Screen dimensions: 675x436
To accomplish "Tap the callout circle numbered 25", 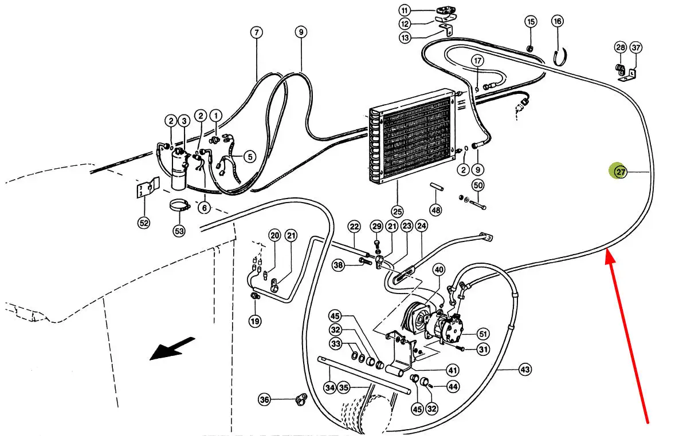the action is click(397, 211).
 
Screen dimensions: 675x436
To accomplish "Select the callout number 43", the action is click(525, 370).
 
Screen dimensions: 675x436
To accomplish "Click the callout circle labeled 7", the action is click(256, 32).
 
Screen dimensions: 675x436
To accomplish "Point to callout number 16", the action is click(558, 21).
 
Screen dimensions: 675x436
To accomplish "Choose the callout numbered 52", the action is click(143, 223).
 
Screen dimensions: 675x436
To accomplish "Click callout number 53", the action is click(179, 231).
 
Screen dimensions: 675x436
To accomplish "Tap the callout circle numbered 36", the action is click(264, 399).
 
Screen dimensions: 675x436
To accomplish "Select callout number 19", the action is click(255, 321).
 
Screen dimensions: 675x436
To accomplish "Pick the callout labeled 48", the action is click(435, 210).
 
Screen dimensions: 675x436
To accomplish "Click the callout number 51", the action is click(483, 334).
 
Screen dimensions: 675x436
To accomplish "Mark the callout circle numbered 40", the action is click(439, 270).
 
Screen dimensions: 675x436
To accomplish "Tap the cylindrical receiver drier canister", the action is click(178, 169).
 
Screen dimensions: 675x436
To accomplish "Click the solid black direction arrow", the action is click(172, 348).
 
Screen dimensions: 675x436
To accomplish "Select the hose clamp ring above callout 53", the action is click(179, 205).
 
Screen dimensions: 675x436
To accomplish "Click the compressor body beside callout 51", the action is click(446, 327).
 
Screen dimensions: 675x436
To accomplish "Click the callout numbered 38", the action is click(339, 265).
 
